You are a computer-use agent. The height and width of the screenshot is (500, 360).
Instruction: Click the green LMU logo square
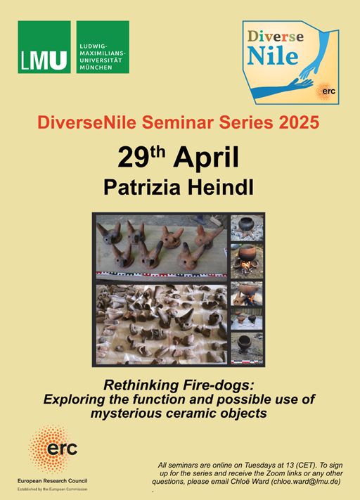click(44, 47)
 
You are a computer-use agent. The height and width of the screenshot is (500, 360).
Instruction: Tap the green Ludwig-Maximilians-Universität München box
click(103, 47)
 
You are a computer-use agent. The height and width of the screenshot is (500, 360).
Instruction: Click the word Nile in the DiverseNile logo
click(273, 56)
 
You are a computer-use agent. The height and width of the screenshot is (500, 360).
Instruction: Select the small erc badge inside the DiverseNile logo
click(327, 91)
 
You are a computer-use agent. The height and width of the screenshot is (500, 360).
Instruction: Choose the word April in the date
click(206, 159)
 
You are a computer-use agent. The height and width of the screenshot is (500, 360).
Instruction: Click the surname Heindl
click(220, 187)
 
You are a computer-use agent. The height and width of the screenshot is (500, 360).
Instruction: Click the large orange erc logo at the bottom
click(53, 449)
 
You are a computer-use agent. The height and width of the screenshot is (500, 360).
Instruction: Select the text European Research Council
click(52, 481)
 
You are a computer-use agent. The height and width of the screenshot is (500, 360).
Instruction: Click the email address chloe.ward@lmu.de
click(305, 481)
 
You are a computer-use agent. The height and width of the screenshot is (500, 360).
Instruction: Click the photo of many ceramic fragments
click(162, 324)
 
